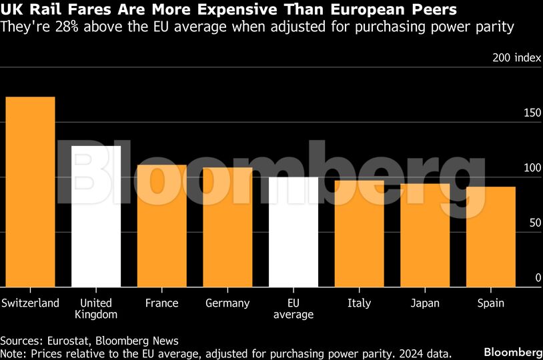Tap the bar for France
coord(162,226)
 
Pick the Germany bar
coord(227,227)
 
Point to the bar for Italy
coord(360,234)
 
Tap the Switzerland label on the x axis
coord(30,303)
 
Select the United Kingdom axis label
coord(96,309)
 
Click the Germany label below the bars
coord(227,303)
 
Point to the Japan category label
coord(425,303)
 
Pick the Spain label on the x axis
coord(491,303)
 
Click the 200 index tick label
coord(516,58)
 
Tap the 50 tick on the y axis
coord(535,223)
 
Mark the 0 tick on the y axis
coord(538,277)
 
